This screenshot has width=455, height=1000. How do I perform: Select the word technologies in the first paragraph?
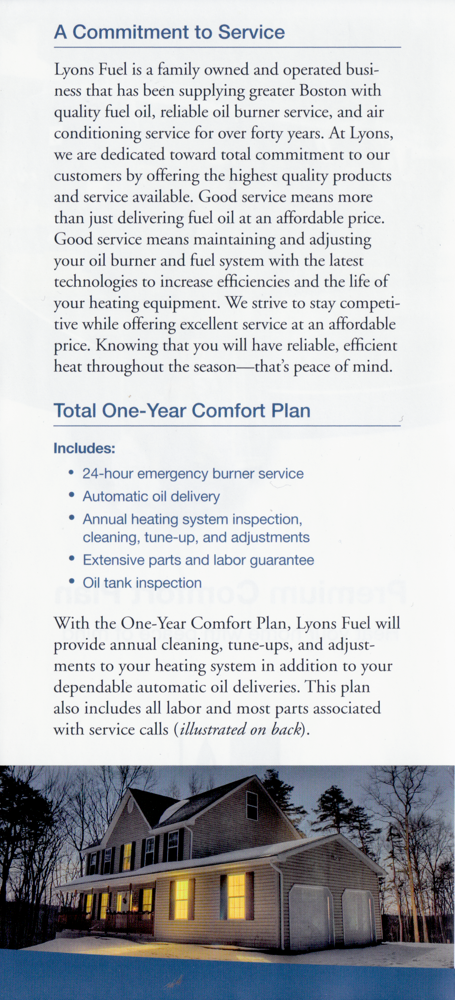[x=96, y=282]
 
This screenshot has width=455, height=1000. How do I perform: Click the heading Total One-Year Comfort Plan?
[x=182, y=411]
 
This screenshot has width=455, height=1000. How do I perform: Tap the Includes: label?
[x=84, y=448]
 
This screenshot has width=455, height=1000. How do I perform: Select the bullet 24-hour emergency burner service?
[x=193, y=474]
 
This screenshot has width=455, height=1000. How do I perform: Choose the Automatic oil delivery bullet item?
[x=151, y=496]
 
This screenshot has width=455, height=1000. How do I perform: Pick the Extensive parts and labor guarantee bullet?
[x=198, y=560]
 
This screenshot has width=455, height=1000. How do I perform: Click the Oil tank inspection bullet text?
[x=142, y=583]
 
